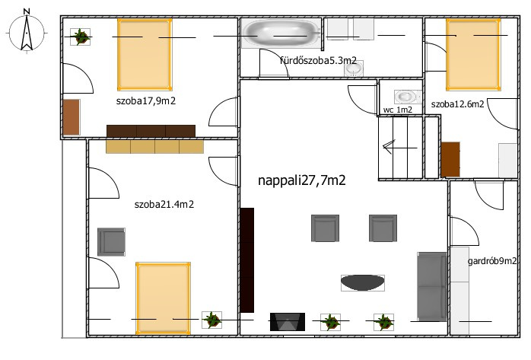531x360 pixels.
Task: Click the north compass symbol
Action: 27,32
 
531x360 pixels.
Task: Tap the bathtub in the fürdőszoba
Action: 281,33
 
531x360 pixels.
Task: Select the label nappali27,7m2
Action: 302,180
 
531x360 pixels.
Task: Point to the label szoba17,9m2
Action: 146,101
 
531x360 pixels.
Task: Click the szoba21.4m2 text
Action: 164,204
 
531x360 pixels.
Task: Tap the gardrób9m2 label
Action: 492,261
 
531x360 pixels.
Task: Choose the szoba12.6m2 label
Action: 457,104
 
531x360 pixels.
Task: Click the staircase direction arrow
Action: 400,148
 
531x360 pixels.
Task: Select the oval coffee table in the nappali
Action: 363,283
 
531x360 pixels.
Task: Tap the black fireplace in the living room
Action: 287,322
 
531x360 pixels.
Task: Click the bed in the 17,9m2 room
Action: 145,55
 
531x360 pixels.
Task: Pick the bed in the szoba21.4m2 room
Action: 163,298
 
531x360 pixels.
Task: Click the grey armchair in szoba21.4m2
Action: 111,242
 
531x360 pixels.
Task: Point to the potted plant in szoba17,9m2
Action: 81,37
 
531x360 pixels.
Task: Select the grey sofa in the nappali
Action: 432,286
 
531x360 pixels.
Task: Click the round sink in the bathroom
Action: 354,68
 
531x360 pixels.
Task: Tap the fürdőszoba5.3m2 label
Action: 318,60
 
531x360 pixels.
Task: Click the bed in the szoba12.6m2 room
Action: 473,55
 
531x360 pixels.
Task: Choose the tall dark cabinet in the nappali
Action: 247,260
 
